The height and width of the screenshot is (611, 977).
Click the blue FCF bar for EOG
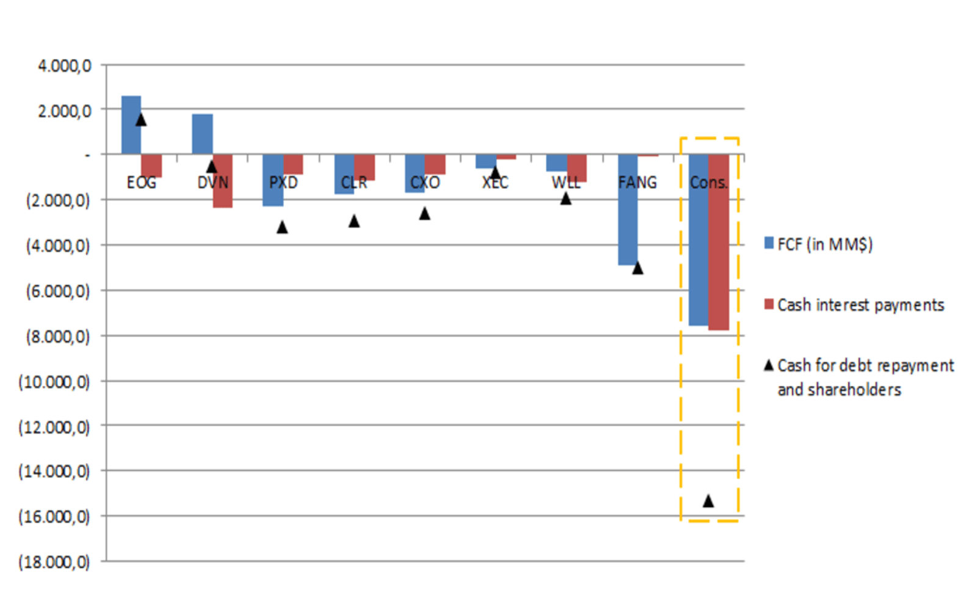click(x=131, y=125)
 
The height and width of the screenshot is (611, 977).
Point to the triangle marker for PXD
click(x=282, y=227)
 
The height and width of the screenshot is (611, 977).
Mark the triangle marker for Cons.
click(x=708, y=501)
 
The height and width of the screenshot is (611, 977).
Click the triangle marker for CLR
click(x=354, y=221)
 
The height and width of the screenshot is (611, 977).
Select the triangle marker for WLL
click(x=566, y=199)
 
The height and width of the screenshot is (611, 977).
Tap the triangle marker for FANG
click(x=637, y=268)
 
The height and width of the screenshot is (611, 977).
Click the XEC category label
click(x=495, y=183)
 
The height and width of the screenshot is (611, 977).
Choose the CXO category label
click(x=425, y=183)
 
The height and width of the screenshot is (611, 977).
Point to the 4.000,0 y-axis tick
click(x=65, y=66)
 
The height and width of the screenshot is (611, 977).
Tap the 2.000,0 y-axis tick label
click(x=65, y=111)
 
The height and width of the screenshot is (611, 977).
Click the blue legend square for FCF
click(x=769, y=243)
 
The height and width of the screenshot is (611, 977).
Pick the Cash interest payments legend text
click(x=860, y=305)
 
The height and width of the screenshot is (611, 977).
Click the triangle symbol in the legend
click(x=769, y=365)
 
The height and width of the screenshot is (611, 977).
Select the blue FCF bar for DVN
click(x=202, y=134)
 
